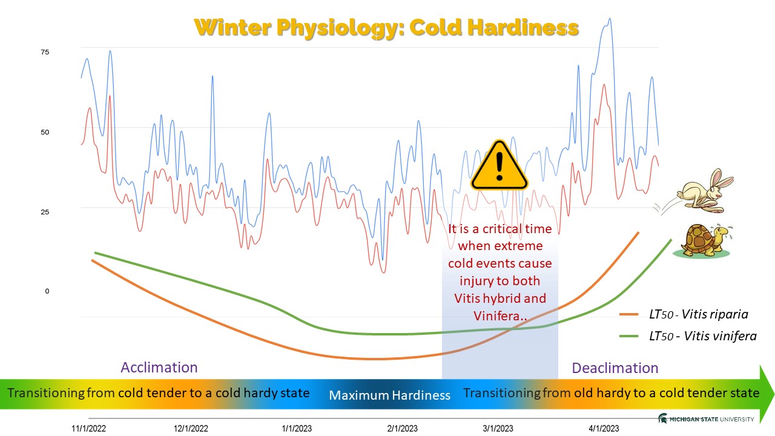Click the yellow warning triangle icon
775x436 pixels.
click(x=500, y=167)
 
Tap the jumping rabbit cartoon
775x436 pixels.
click(x=701, y=192)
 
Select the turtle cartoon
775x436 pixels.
click(x=704, y=241)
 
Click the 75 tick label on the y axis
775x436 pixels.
click(x=45, y=52)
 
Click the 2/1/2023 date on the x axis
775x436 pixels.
click(x=403, y=428)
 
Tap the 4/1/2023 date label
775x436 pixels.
click(x=604, y=428)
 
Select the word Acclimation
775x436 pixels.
click(x=159, y=368)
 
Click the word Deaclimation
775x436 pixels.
click(x=615, y=368)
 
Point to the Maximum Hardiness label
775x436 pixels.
click(x=390, y=395)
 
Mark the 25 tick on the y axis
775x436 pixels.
click(x=45, y=212)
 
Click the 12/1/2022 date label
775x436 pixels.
click(x=191, y=428)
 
